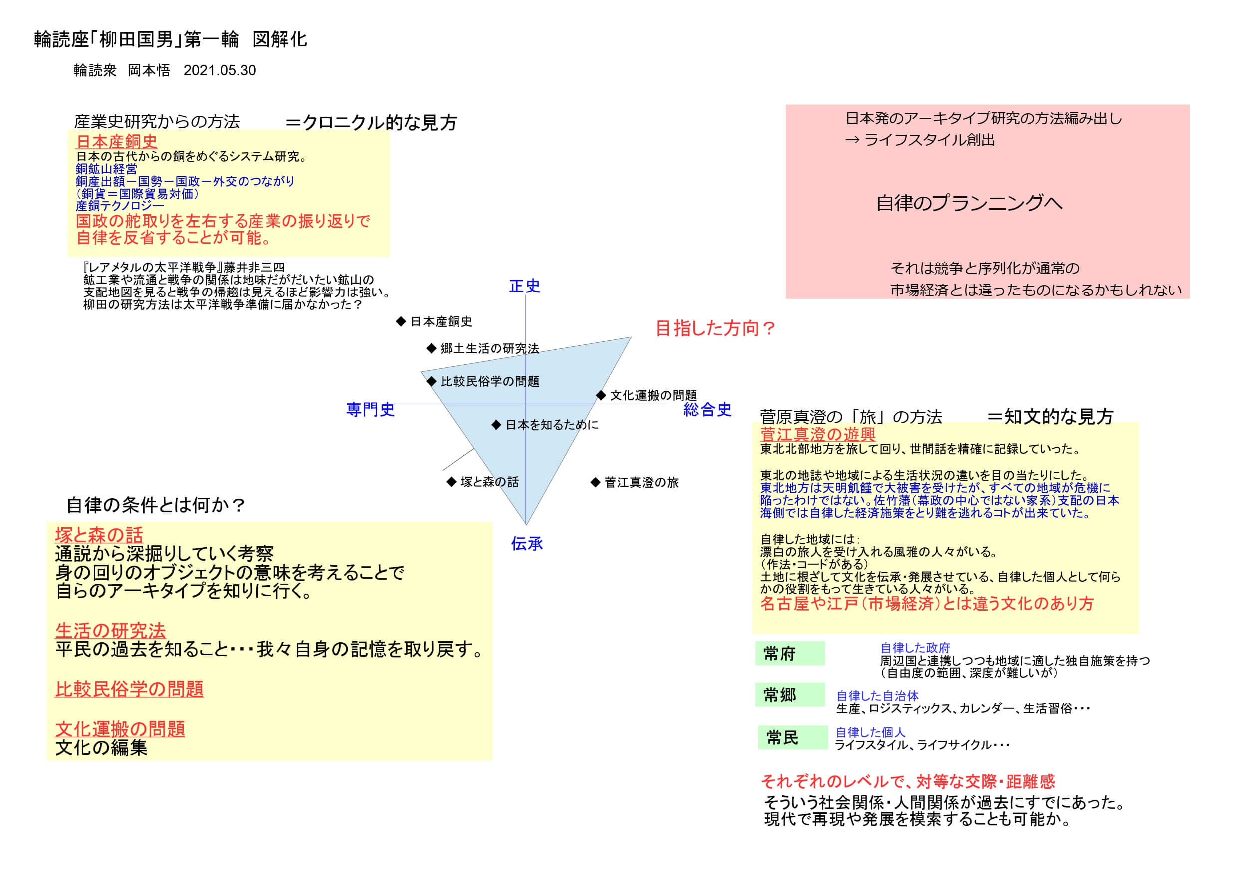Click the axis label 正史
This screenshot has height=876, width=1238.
click(x=524, y=286)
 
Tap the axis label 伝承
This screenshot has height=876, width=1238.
click(x=527, y=544)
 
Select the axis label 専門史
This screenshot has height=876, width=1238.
click(x=370, y=409)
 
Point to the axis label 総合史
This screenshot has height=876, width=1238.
click(x=707, y=409)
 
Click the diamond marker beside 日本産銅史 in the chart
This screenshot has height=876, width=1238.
click(x=401, y=321)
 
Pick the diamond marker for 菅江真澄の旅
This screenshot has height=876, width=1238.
click(x=595, y=482)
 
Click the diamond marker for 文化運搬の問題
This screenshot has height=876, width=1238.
click(x=601, y=395)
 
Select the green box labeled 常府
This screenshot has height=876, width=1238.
click(x=790, y=654)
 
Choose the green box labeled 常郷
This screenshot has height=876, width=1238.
click(x=790, y=695)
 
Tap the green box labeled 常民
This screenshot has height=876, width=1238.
click(x=792, y=737)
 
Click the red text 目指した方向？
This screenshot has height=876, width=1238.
click(x=716, y=328)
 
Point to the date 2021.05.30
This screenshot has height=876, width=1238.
click(x=220, y=71)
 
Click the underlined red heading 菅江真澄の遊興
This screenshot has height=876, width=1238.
click(x=817, y=434)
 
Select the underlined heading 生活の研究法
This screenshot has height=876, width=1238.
click(x=111, y=630)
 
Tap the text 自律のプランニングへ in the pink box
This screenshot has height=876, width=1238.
click(x=970, y=203)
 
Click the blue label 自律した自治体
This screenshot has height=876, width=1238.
click(x=877, y=696)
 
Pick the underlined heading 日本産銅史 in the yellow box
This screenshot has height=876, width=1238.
click(x=116, y=141)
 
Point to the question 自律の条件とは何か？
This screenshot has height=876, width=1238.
click(x=155, y=505)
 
